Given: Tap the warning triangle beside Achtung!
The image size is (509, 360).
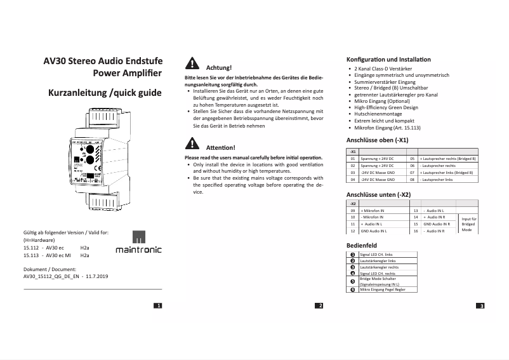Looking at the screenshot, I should (x=191, y=63).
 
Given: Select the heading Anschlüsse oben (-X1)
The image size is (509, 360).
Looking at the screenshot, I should (x=376, y=140).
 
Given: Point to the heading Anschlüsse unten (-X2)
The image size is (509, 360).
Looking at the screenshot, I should (x=378, y=194).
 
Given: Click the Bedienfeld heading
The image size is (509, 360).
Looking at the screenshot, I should (x=362, y=244).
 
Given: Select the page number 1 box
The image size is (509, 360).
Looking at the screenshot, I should (x=158, y=306).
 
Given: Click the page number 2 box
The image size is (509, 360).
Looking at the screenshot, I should (x=321, y=306).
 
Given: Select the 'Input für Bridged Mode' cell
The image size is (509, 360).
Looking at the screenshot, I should (x=468, y=224).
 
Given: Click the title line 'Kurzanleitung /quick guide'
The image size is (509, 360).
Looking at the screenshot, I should (x=105, y=93).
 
